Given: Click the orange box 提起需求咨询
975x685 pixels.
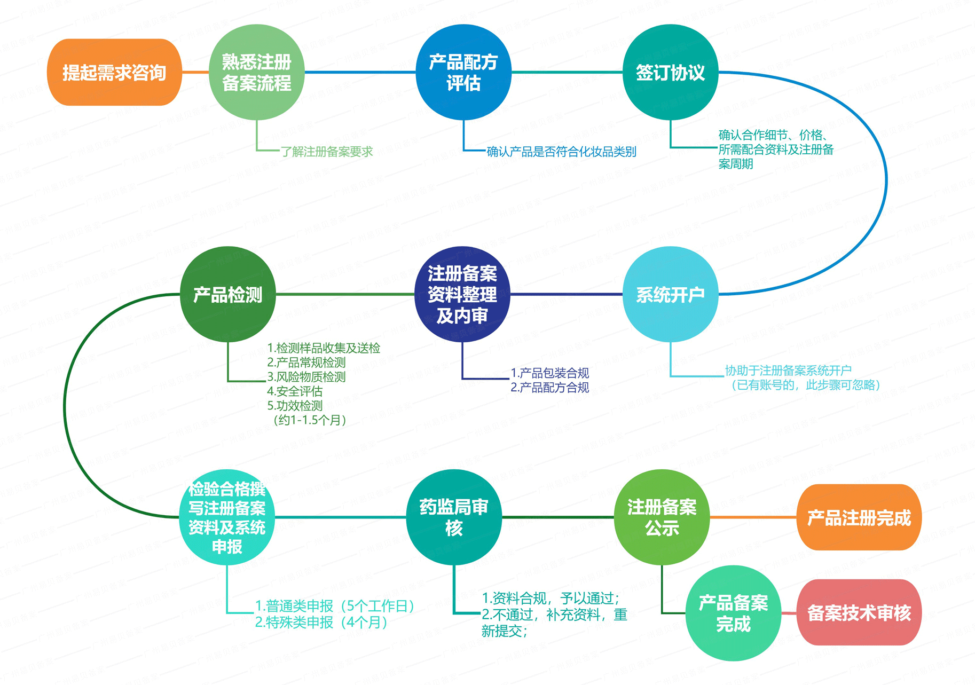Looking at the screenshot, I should pyautogui.click(x=114, y=72).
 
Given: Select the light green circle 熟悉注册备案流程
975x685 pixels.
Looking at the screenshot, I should pyautogui.click(x=256, y=72).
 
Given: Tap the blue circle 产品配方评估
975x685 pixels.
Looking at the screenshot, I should pyautogui.click(x=463, y=72).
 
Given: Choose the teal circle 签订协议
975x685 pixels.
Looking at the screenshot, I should pyautogui.click(x=670, y=72).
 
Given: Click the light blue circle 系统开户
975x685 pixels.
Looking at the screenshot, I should pyautogui.click(x=670, y=294).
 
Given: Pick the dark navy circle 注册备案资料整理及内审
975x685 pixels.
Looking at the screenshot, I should pyautogui.click(x=462, y=294).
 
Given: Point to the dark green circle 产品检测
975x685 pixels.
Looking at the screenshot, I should pyautogui.click(x=228, y=294).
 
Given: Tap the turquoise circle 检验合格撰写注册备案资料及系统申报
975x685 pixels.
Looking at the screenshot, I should pyautogui.click(x=227, y=517).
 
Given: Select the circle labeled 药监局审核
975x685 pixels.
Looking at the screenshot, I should pyautogui.click(x=454, y=517).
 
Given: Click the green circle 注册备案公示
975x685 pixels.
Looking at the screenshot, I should pyautogui.click(x=662, y=517).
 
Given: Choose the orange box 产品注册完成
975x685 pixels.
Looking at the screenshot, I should pyautogui.click(x=859, y=517).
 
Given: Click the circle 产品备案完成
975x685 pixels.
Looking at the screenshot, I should pyautogui.click(x=733, y=613).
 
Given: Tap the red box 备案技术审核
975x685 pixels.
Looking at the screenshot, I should pyautogui.click(x=859, y=612).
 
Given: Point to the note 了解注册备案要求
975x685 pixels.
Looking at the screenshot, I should pyautogui.click(x=327, y=152).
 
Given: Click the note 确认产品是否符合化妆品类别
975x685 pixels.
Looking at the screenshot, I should pyautogui.click(x=561, y=152).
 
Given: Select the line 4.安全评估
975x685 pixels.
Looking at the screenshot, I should pyautogui.click(x=295, y=391).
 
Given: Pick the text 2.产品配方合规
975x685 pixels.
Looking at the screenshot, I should pyautogui.click(x=549, y=388).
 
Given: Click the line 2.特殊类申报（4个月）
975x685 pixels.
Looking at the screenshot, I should pyautogui.click(x=321, y=623).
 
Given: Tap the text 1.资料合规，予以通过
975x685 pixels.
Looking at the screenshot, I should pyautogui.click(x=551, y=598).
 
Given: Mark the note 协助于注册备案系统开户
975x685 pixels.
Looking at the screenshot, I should pyautogui.click(x=788, y=370).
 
